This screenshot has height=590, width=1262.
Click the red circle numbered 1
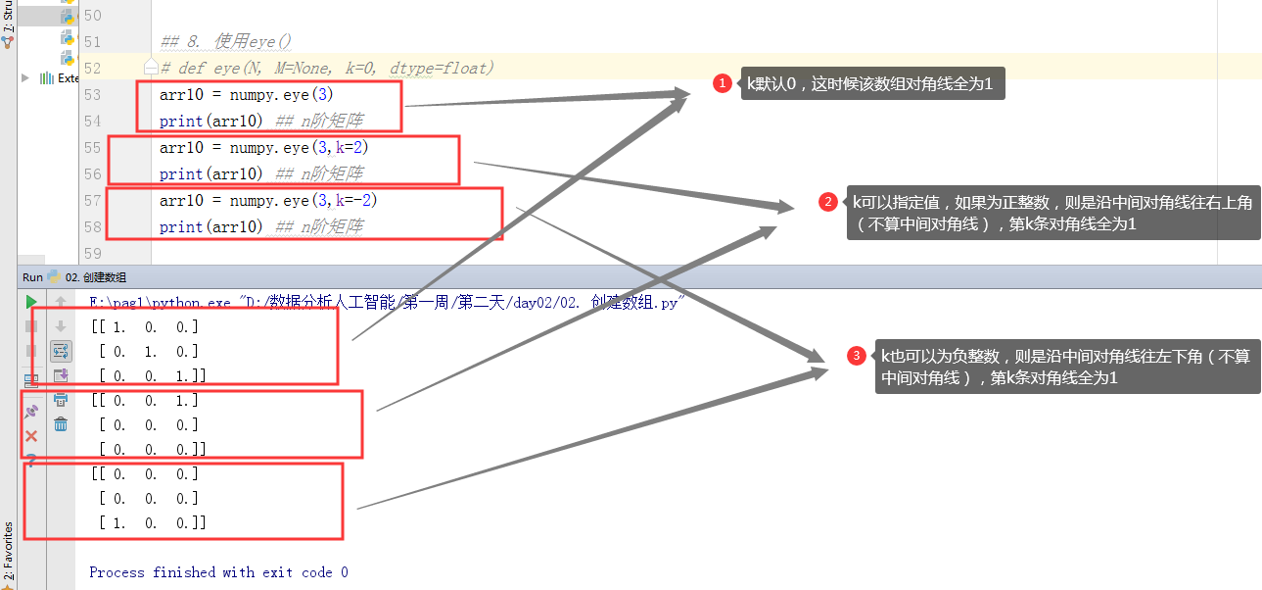click(723, 84)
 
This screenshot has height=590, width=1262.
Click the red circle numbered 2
click(827, 202)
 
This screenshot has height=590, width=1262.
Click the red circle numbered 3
click(857, 356)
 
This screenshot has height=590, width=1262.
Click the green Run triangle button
click(31, 302)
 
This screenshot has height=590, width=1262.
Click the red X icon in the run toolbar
click(31, 436)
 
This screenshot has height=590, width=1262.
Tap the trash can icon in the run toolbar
click(61, 423)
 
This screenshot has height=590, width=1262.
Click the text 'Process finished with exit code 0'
click(218, 572)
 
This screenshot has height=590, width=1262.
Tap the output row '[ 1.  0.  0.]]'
click(152, 523)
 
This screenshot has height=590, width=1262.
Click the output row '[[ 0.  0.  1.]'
click(145, 401)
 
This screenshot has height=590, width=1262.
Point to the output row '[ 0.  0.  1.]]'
click(152, 375)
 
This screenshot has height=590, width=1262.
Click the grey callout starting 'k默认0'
click(869, 84)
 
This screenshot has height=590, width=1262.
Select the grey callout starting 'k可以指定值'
click(1052, 213)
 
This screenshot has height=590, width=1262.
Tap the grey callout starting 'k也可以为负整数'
click(1065, 367)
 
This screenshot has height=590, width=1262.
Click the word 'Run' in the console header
click(32, 277)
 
